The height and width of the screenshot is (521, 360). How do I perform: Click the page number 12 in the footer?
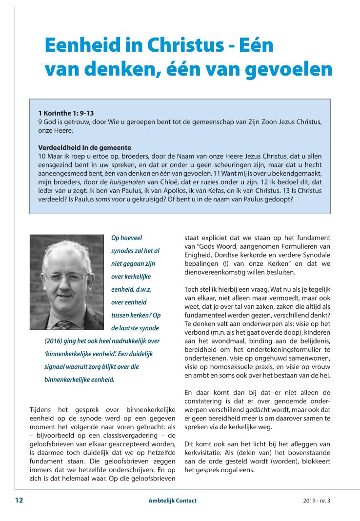pyautogui.click(x=19, y=500)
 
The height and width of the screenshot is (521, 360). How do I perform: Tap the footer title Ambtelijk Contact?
pyautogui.click(x=173, y=501)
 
